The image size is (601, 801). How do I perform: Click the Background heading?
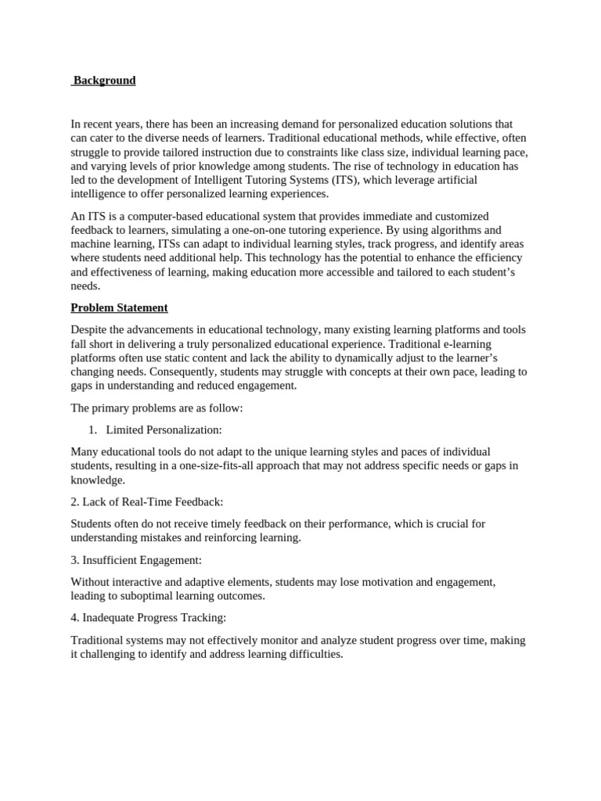tap(104, 81)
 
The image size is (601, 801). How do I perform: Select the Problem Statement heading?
tap(119, 307)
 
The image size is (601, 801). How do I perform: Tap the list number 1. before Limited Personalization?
tap(92, 429)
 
